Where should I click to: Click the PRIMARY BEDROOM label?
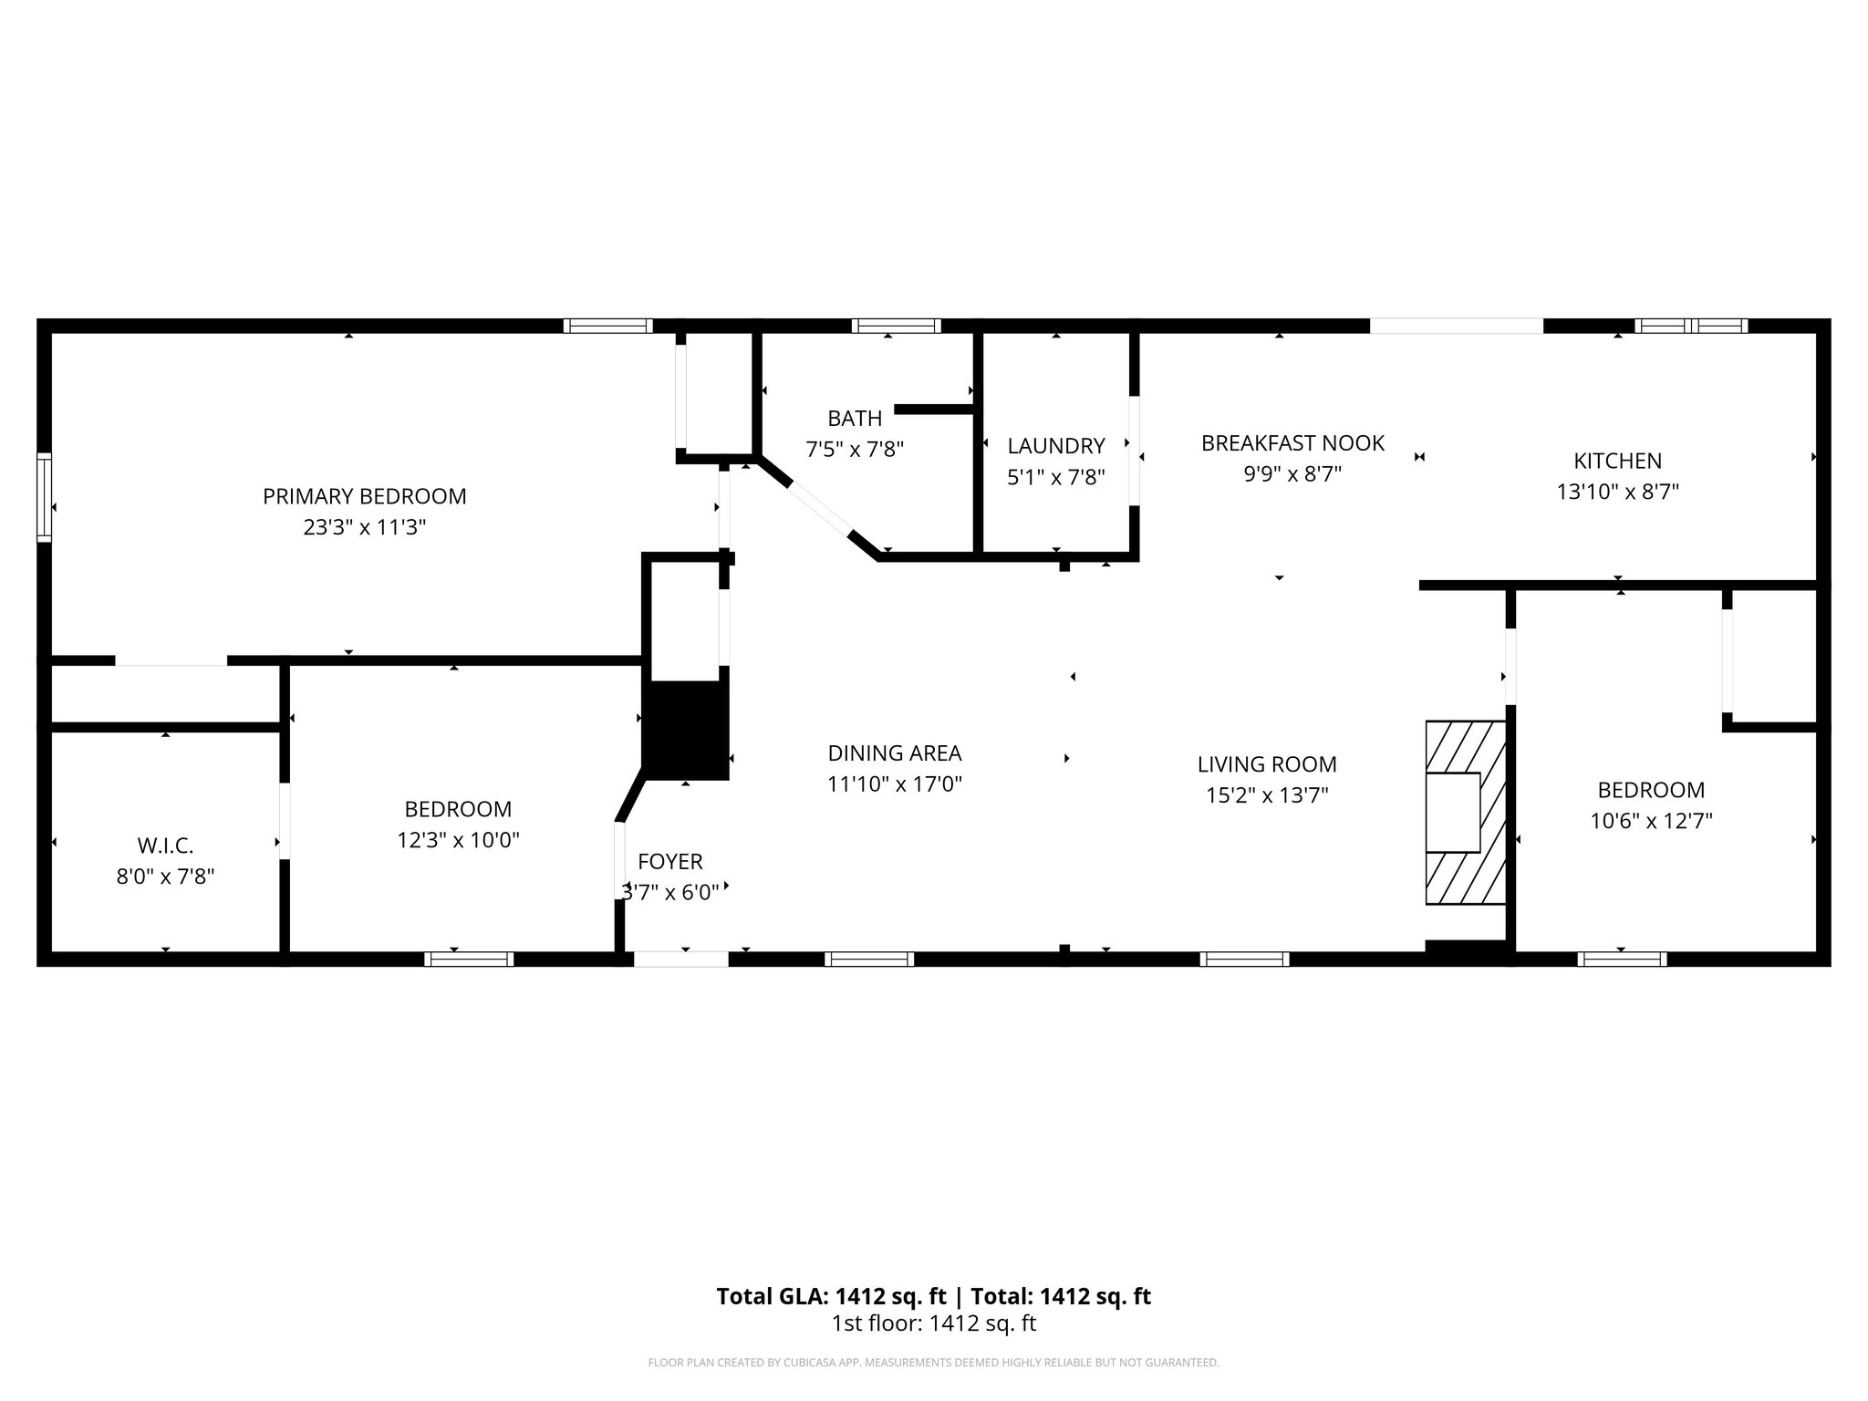coord(364,496)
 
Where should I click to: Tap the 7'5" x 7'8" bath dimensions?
coord(854,450)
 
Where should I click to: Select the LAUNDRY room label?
coord(1055,446)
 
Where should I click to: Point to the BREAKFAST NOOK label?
coord(1292,443)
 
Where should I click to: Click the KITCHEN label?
coord(1617,461)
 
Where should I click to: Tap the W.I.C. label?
coord(165,846)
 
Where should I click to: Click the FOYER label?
coord(669,862)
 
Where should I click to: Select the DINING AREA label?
coord(894,753)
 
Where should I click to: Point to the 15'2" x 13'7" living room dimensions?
coord(1266,795)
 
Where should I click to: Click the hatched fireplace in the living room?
coord(1465,813)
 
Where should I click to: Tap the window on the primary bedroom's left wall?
coord(44,497)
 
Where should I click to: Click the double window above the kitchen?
coord(1690,326)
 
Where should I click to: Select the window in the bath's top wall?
coord(896,326)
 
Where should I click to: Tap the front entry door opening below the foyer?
coord(680,959)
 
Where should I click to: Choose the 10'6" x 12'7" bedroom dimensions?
coord(1651,821)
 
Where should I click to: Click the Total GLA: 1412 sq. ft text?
coord(834,1296)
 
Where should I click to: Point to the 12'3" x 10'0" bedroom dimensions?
coord(458,840)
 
